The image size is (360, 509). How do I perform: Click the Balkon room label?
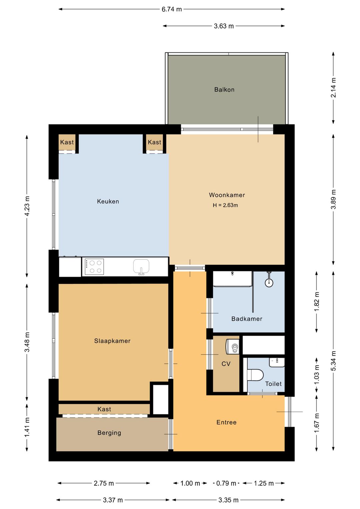(x=224, y=89)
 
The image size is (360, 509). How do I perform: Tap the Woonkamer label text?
(x=227, y=195)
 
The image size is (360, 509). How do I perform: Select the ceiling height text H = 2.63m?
(x=225, y=205)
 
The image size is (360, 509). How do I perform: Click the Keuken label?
(x=108, y=201)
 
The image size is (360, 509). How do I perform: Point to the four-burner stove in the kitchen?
(x=94, y=267)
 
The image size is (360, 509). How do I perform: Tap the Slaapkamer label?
(x=112, y=341)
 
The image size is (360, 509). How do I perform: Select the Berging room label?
(x=109, y=433)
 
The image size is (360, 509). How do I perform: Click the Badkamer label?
(x=247, y=319)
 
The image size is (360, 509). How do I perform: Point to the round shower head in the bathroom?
(x=269, y=283)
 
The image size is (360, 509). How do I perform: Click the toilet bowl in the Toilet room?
(x=255, y=375)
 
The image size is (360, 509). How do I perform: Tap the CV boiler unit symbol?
(x=232, y=347)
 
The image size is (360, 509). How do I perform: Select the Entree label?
(x=226, y=422)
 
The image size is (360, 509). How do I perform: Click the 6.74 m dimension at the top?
(x=172, y=9)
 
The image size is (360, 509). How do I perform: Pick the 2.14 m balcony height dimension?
(x=333, y=87)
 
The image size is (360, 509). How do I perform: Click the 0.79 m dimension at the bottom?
(x=226, y=483)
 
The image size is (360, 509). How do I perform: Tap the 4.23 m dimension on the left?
(x=27, y=206)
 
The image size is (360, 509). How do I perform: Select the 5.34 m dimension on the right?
(x=333, y=361)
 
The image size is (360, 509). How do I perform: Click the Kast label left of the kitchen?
(x=67, y=142)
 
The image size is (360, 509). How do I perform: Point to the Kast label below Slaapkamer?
(x=104, y=409)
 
